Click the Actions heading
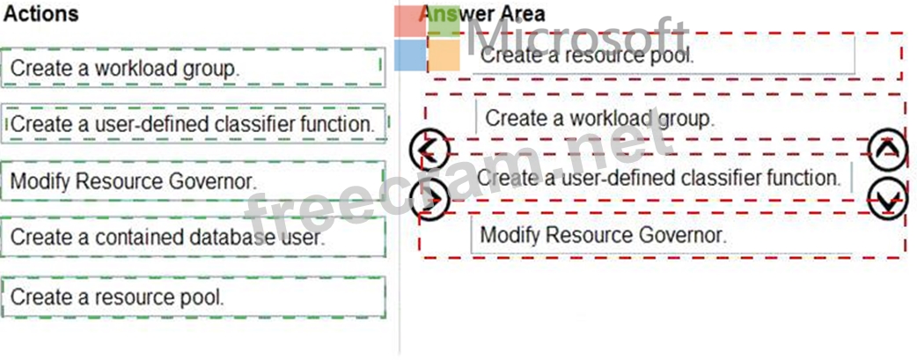[x=40, y=14]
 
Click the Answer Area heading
[x=481, y=14]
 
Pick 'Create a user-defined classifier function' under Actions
[x=193, y=124]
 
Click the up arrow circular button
[x=887, y=149]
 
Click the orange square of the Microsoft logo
[x=444, y=55]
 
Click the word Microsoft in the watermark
[x=576, y=37]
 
